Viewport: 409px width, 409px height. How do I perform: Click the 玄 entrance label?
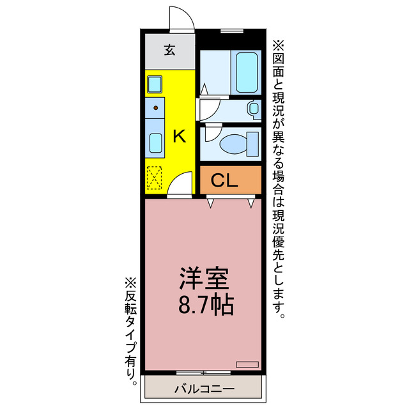click(169, 50)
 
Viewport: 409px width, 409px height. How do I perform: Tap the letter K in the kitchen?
click(180, 135)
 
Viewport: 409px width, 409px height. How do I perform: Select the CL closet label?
click(224, 181)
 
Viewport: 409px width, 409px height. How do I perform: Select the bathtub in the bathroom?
click(246, 72)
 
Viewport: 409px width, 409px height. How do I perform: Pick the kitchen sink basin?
click(155, 142)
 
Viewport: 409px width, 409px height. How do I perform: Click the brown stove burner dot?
click(155, 107)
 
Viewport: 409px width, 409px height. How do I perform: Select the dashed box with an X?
click(155, 178)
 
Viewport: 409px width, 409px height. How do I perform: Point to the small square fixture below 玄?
click(155, 84)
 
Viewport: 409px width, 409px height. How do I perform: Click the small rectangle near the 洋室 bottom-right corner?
click(247, 364)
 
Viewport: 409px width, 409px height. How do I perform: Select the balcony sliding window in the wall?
click(203, 372)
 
